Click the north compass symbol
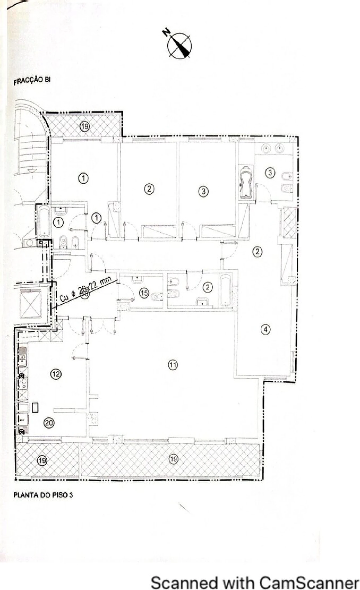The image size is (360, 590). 180,46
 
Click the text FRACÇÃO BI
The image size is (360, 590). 32,80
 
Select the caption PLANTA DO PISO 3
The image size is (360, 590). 43,495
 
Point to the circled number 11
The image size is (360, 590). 173,365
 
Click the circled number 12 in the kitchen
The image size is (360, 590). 56,374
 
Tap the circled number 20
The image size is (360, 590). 49,423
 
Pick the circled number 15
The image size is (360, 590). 144,293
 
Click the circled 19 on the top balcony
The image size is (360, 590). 84,126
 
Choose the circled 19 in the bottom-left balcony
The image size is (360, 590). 42,461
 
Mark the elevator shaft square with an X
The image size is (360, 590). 31,305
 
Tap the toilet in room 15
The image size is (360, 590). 157,296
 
